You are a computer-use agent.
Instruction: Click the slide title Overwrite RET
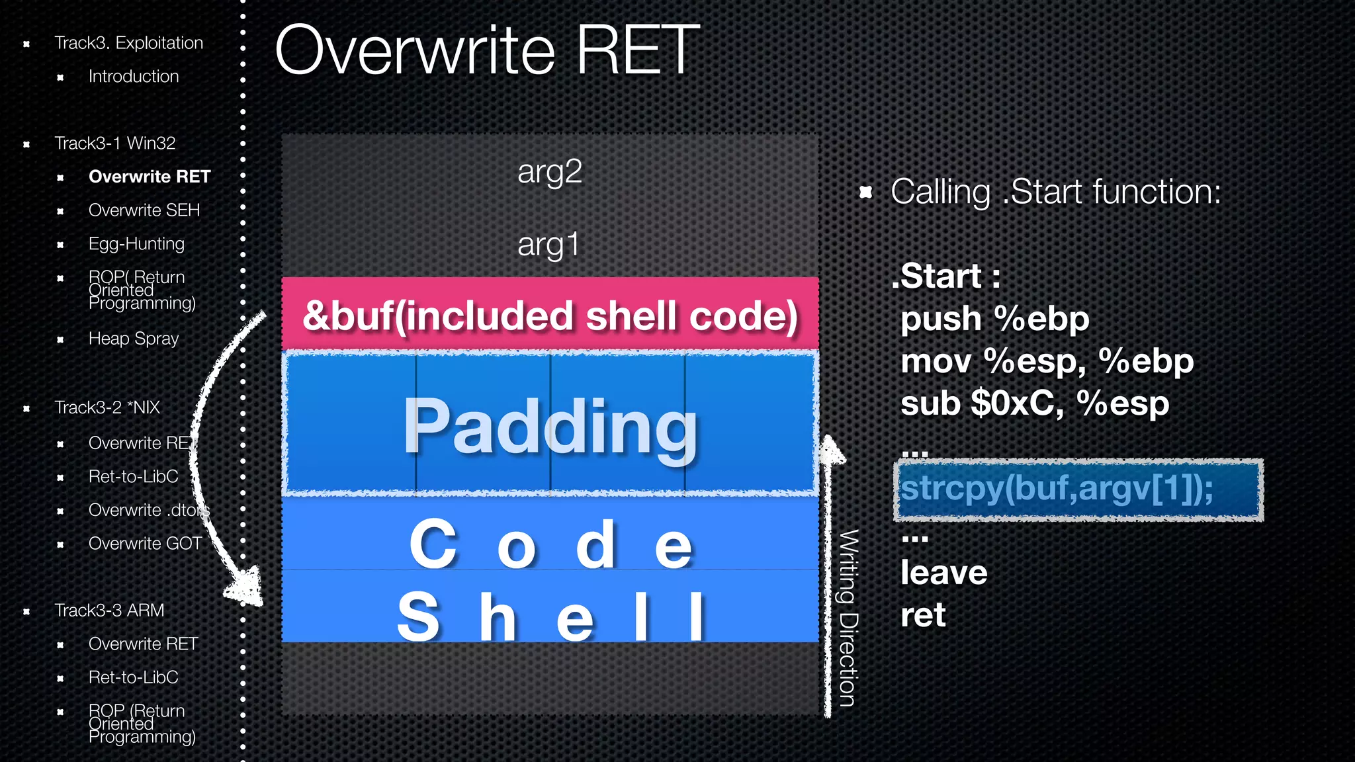point(487,50)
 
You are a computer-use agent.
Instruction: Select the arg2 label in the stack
point(549,172)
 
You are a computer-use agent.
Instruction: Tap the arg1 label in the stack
point(548,245)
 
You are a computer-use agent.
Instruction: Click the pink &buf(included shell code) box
point(550,316)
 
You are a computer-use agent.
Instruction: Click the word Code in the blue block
point(550,544)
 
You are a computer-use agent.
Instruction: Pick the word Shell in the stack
point(550,616)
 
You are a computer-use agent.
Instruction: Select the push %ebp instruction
point(994,319)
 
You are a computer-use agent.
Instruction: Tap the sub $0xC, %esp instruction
point(1034,403)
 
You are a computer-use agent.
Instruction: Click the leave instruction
point(943,573)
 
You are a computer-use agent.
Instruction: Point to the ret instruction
point(923,615)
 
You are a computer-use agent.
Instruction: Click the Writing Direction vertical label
point(848,618)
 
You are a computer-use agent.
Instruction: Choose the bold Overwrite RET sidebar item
point(150,177)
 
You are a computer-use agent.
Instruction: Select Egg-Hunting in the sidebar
point(136,244)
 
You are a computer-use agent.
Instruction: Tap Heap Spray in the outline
point(134,339)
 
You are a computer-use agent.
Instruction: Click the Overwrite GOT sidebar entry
point(145,544)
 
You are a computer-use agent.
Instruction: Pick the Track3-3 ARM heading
point(109,611)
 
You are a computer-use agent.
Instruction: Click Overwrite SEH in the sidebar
point(144,210)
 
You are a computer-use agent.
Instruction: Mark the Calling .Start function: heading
point(1055,192)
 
